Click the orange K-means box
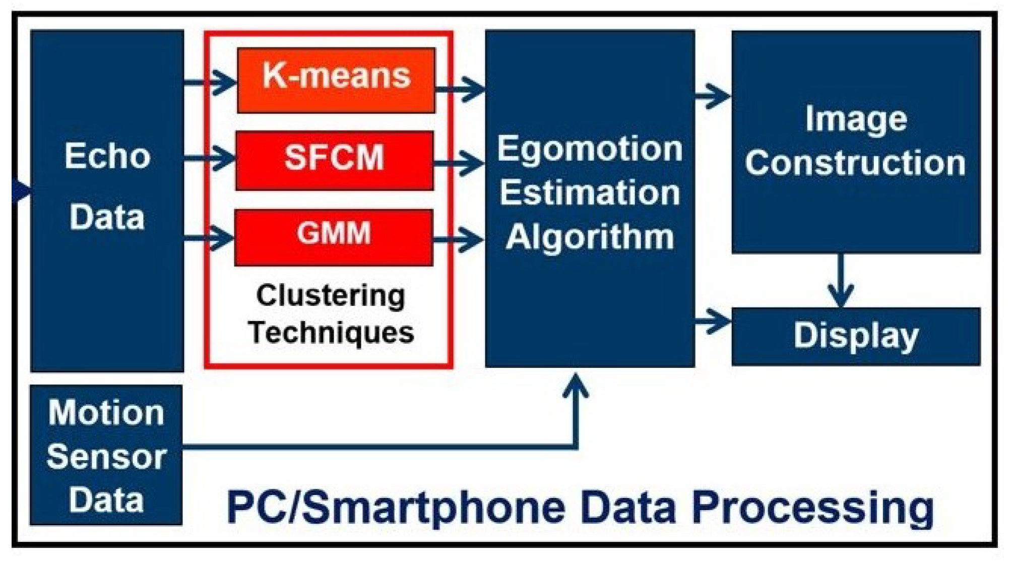(336, 80)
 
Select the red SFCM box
(334, 160)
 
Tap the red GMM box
(334, 237)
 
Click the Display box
(856, 336)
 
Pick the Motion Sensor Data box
(106, 455)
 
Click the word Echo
(107, 156)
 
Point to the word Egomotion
(590, 149)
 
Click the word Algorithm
(590, 237)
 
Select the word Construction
(855, 163)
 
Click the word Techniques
(331, 333)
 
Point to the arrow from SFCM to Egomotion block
(459, 163)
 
